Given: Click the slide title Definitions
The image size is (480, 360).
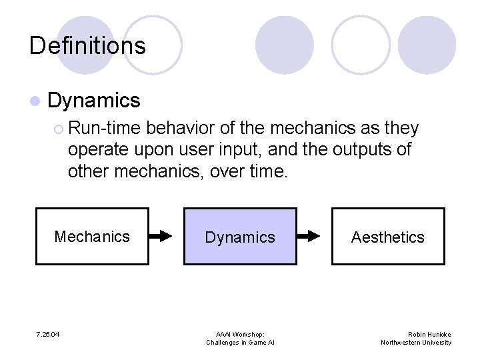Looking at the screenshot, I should click(87, 46).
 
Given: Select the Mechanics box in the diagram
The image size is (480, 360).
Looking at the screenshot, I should click(92, 237).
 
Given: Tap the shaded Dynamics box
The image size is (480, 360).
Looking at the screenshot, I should click(240, 237).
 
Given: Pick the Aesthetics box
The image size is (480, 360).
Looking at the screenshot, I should click(388, 237).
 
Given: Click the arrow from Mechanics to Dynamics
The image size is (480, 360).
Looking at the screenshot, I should click(166, 236).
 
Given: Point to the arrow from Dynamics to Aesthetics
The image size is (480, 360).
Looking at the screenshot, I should click(314, 236).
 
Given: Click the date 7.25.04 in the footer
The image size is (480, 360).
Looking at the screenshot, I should click(48, 334).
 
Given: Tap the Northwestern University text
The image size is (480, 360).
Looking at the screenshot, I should click(416, 343).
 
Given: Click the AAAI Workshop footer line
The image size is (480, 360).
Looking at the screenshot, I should click(240, 334).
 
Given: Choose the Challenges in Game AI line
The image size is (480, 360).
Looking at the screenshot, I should click(240, 343).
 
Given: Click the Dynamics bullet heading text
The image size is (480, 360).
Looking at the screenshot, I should click(94, 101).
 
